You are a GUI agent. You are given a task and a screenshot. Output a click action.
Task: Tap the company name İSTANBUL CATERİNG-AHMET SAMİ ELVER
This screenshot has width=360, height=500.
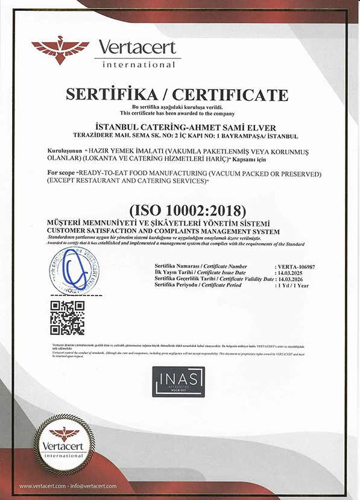pos(178,127)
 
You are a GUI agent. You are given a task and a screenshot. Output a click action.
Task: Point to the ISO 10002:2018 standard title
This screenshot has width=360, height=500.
pos(180,211)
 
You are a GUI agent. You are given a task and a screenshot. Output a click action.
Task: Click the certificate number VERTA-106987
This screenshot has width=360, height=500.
pos(293,266)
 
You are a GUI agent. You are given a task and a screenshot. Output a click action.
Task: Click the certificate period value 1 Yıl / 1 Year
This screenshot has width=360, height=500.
pos(293,285)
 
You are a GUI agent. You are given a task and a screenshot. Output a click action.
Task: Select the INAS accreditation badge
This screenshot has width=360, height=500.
pos(178,382)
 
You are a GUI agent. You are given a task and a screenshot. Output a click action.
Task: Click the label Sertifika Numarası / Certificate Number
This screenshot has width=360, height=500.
pos(201,266)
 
